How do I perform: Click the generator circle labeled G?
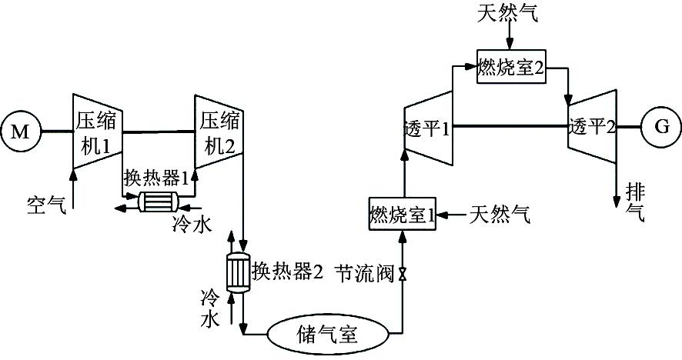tap(661, 127)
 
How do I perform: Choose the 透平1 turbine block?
tap(427, 127)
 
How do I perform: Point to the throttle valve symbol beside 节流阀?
tap(402, 273)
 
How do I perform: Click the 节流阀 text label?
tap(363, 272)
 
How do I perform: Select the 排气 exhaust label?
tap(634, 197)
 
